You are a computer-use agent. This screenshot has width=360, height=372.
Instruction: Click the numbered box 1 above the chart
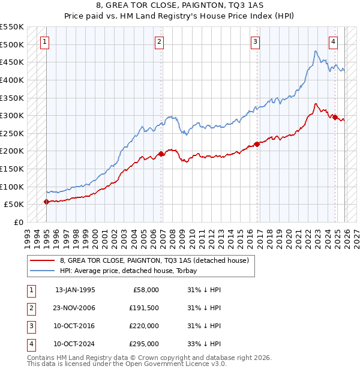(45, 41)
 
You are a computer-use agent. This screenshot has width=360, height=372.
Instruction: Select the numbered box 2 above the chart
(159, 41)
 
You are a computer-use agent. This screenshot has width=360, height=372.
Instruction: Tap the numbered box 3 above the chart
(255, 41)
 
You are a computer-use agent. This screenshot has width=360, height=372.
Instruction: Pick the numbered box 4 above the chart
(333, 41)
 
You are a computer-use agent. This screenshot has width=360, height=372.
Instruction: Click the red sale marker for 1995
(47, 202)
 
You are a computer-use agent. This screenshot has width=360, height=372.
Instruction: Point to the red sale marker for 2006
(161, 154)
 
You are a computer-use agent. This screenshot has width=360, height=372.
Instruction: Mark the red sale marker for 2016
(257, 144)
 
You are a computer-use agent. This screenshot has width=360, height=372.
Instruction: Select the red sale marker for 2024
(335, 118)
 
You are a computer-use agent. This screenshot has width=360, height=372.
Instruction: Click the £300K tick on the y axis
(13, 115)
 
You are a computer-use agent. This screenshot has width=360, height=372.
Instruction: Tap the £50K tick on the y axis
(15, 205)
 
